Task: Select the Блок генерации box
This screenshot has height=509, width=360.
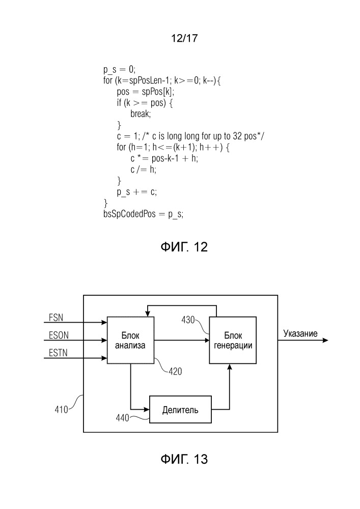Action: click(x=233, y=340)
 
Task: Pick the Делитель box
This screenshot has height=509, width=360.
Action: click(x=180, y=409)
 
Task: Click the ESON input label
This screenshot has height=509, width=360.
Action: click(x=58, y=336)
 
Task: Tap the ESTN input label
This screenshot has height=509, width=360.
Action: click(x=58, y=354)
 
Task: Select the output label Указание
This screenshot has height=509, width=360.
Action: click(x=300, y=334)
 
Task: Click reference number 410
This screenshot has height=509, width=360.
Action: click(x=64, y=408)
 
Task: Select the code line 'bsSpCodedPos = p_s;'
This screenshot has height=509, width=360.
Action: click(x=143, y=214)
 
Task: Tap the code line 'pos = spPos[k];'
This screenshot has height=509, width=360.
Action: click(x=145, y=92)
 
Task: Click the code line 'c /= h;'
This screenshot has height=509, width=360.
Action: click(x=143, y=169)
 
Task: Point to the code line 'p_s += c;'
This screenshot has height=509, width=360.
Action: click(x=137, y=192)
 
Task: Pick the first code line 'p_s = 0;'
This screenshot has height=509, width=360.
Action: click(x=119, y=69)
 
